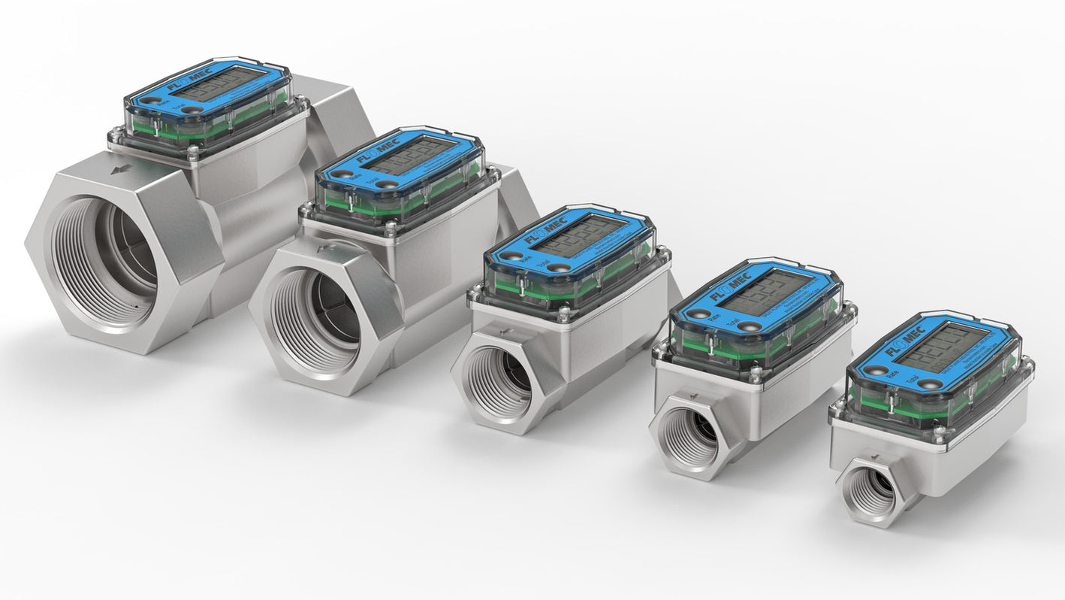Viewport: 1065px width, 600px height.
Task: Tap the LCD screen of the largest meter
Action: coord(219,83)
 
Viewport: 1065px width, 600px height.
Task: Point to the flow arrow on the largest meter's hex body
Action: coord(119,171)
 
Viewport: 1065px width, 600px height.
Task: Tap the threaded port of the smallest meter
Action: coord(870,492)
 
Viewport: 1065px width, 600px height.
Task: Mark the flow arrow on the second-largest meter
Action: coord(322,247)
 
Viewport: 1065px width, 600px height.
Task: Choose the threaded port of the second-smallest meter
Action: coord(689,439)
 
